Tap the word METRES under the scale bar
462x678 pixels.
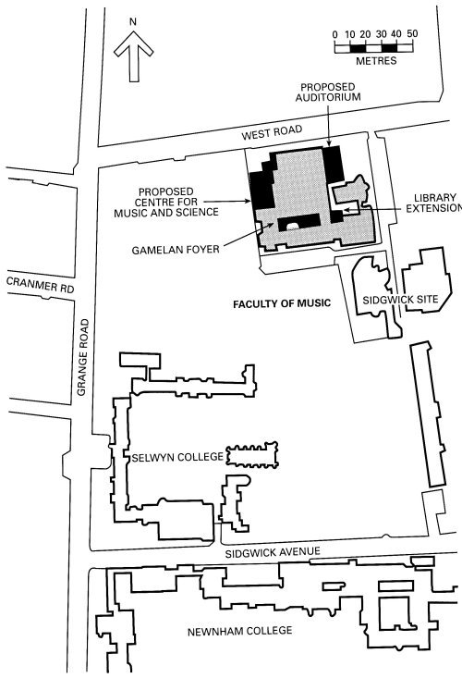[376, 61]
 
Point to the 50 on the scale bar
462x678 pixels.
[412, 33]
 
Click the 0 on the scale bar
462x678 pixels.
[335, 34]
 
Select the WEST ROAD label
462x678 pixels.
[272, 132]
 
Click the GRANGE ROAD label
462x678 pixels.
[82, 357]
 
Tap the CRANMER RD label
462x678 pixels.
[40, 286]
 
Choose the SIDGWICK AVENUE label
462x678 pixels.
[273, 552]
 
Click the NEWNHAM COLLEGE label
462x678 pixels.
[239, 632]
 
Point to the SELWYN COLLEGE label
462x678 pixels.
[177, 457]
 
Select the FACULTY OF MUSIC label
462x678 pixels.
[282, 304]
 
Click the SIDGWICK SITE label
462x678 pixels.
[400, 300]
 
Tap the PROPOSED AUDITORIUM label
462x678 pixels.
[328, 92]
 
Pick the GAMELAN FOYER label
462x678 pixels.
[176, 250]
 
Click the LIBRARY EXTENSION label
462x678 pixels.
[434, 203]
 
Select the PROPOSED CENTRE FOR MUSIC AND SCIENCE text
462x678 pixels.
[166, 202]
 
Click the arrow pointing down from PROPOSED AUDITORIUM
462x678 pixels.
[329, 125]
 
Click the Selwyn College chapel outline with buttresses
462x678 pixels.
[252, 455]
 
